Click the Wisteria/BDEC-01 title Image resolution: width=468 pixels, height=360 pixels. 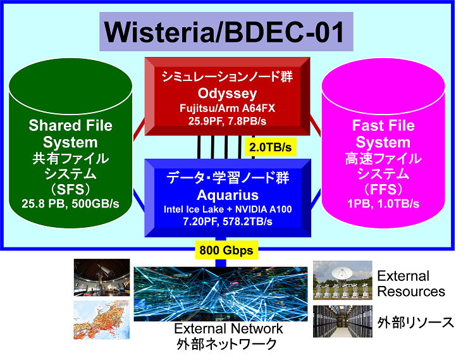pos(225,32)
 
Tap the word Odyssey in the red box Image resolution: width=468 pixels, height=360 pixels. pos(227,94)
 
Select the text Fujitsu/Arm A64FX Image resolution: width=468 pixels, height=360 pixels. pos(227,108)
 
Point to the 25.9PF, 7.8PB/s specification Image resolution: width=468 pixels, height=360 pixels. pos(227,121)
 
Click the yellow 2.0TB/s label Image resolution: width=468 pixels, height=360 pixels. pos(271,147)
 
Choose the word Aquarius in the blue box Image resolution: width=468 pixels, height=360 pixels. pos(228,196)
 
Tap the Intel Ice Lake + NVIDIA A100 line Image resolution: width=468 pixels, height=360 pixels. pos(228,209)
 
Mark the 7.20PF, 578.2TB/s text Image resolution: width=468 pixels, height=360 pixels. pos(228,221)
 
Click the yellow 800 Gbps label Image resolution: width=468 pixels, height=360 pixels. pos(226,250)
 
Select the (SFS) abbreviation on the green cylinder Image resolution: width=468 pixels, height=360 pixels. pos(70,189)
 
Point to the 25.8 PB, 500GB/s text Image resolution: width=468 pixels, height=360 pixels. pos(70,204)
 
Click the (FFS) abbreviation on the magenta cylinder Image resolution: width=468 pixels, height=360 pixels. pos(383,189)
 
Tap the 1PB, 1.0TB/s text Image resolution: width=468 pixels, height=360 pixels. pos(383,204)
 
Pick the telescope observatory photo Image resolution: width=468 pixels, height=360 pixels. pos(102,277)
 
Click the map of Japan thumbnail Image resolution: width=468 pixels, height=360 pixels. pos(101,320)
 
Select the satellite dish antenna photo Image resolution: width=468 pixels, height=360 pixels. pos(343,280)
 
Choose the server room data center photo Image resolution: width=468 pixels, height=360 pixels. pos(343,321)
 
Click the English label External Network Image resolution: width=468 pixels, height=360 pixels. pos(228,328)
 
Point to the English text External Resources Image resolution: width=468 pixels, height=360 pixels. pos(411,283)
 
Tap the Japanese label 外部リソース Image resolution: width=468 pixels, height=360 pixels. pos(416,323)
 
